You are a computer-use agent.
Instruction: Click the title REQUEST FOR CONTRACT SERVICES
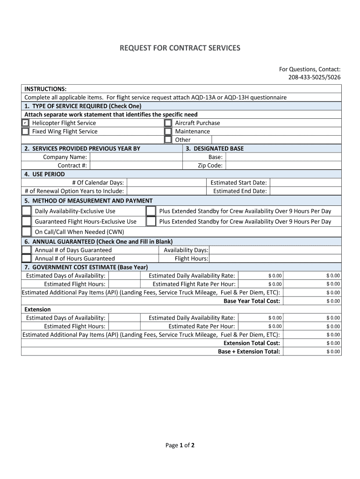(180, 48)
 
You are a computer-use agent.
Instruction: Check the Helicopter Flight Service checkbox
(25, 123)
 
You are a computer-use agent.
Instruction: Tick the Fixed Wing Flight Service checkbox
(25, 131)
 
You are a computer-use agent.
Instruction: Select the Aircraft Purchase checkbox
(168, 123)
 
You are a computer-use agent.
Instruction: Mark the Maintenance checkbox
(168, 131)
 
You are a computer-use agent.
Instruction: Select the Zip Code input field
(283, 166)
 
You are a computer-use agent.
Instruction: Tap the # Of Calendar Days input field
(166, 182)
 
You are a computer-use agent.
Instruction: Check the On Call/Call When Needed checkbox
(27, 232)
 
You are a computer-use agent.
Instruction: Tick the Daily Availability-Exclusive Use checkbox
(27, 211)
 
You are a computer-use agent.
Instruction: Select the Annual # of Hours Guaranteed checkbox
(27, 258)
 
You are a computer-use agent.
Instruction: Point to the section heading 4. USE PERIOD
(44, 174)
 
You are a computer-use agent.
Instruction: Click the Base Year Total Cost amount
(333, 301)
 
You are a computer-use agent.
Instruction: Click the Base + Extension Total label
(249, 351)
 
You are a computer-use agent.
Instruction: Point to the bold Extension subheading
(37, 309)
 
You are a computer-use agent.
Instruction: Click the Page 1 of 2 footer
(180, 445)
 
